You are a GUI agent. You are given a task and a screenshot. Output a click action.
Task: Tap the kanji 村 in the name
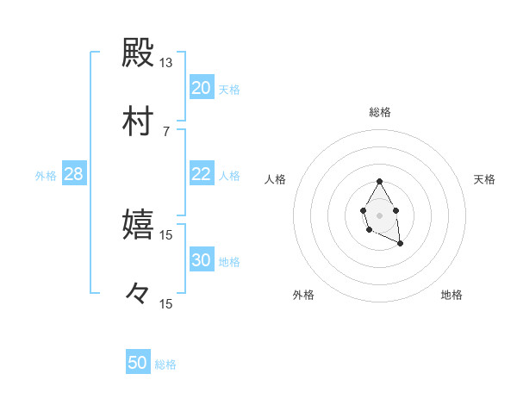(x=139, y=121)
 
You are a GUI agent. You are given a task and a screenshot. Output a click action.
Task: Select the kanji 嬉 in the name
(x=139, y=225)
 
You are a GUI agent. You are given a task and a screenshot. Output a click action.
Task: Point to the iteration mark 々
(x=139, y=294)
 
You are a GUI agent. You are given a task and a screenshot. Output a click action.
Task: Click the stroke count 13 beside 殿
(x=166, y=63)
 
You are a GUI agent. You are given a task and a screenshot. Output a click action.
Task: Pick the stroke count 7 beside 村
(x=166, y=131)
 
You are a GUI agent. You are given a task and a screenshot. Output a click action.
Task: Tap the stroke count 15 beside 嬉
(x=166, y=234)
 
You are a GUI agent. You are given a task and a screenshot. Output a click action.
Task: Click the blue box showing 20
(x=202, y=88)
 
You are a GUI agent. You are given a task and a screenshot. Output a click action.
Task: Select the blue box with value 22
(x=202, y=174)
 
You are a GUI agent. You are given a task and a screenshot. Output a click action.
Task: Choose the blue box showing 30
(x=202, y=260)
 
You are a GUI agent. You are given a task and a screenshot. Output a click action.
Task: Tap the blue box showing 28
(x=74, y=174)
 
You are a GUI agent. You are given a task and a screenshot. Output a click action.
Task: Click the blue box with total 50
(x=138, y=363)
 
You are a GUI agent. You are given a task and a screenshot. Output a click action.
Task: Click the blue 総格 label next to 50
(x=165, y=364)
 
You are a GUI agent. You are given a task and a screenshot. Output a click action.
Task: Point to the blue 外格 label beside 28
(x=46, y=176)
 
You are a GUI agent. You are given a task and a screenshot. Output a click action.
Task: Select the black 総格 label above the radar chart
(x=380, y=112)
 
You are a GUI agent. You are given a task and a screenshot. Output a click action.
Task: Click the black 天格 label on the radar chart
(x=484, y=179)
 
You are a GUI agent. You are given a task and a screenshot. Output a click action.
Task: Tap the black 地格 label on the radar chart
(x=452, y=295)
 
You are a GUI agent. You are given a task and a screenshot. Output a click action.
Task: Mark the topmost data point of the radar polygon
(x=379, y=181)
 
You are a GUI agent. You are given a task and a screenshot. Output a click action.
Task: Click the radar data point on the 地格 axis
(x=400, y=244)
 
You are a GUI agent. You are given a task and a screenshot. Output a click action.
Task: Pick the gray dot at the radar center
(x=379, y=215)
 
